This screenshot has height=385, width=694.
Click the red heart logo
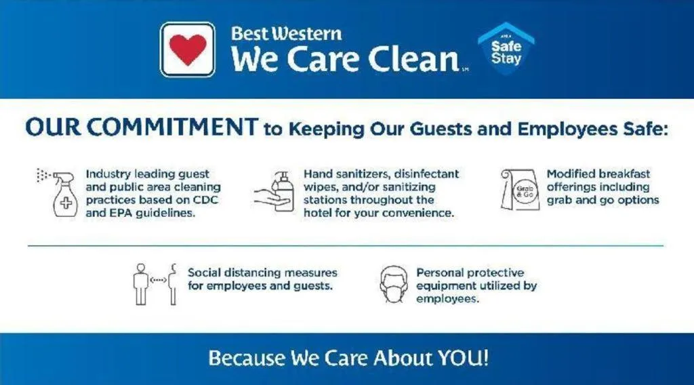click(x=188, y=49)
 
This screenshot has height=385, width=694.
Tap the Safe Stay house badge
click(x=506, y=50)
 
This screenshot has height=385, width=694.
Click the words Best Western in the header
click(x=286, y=33)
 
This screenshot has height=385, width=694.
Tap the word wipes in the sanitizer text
click(x=320, y=186)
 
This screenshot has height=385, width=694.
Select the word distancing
click(x=250, y=272)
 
